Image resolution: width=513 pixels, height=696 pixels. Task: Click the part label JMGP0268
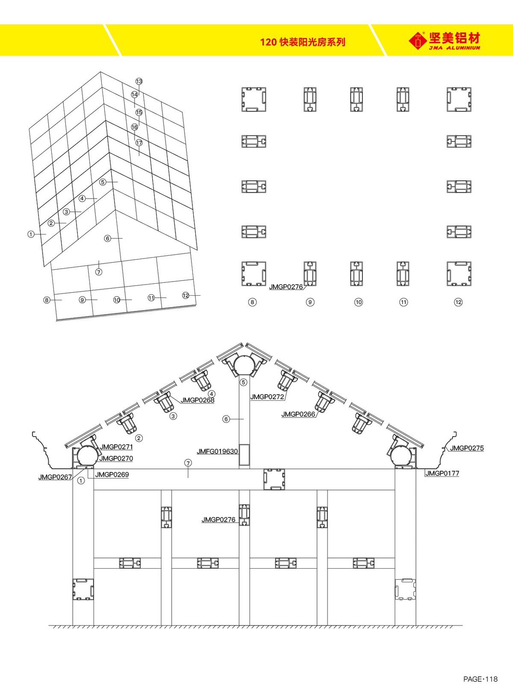point(197,400)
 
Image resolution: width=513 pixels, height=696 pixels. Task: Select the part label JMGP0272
point(267,397)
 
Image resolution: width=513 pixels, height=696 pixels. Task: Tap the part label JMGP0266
point(298,414)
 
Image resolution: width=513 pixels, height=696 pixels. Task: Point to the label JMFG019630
point(217,452)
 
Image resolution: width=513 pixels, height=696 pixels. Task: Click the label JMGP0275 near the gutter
point(466,448)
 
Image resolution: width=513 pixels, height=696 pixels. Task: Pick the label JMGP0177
point(442,473)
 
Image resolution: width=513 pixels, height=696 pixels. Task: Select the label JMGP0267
point(55,477)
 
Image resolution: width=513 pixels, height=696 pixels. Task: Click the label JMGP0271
point(116,447)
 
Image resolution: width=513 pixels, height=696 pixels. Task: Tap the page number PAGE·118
point(480,679)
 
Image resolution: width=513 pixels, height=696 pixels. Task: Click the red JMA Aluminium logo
point(445,41)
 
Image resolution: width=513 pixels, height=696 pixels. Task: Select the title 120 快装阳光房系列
point(303,42)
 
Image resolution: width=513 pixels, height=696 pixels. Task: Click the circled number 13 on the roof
point(139,81)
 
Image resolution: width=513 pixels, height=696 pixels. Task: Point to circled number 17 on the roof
point(139,143)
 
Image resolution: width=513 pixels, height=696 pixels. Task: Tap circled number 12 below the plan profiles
point(458,302)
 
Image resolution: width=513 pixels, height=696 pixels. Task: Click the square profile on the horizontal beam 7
point(274,479)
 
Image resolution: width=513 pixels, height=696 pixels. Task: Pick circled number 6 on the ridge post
point(226,419)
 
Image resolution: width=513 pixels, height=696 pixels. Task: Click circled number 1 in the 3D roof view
point(31,234)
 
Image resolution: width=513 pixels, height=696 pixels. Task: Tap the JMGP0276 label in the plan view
point(286,287)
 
